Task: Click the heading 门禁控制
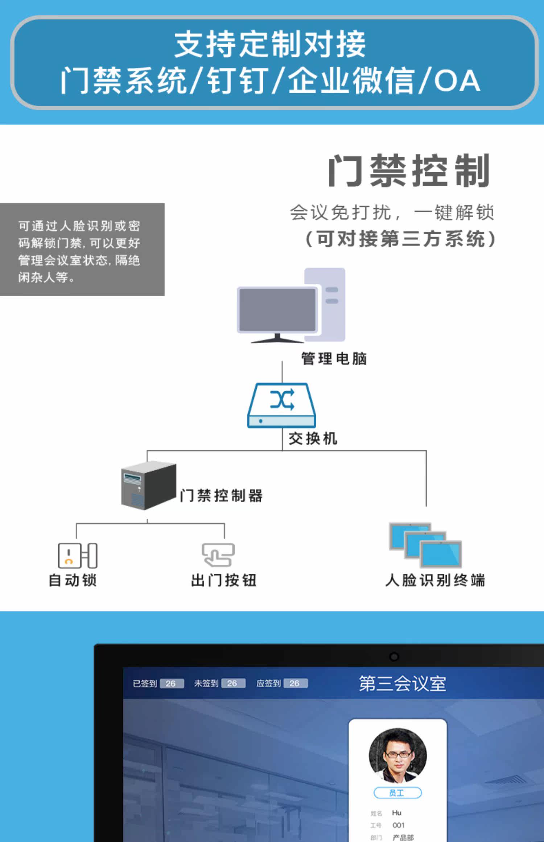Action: pyautogui.click(x=409, y=171)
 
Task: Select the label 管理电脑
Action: pyautogui.click(x=334, y=359)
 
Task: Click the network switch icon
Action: pyautogui.click(x=282, y=405)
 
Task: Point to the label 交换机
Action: pyautogui.click(x=313, y=438)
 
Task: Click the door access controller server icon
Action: pyautogui.click(x=149, y=485)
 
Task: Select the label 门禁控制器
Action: pyautogui.click(x=221, y=496)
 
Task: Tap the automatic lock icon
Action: pyautogui.click(x=78, y=555)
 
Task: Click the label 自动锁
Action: pyautogui.click(x=73, y=580)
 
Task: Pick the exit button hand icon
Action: pyautogui.click(x=218, y=555)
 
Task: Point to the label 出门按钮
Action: pyautogui.click(x=224, y=580)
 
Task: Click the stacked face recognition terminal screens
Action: pyautogui.click(x=425, y=545)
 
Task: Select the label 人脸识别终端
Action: pyautogui.click(x=435, y=580)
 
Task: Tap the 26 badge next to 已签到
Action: pyautogui.click(x=172, y=684)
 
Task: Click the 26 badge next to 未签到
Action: pyautogui.click(x=233, y=684)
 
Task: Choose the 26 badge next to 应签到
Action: pyautogui.click(x=296, y=684)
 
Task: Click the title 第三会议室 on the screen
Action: pyautogui.click(x=403, y=684)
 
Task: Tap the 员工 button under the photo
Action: pyautogui.click(x=397, y=793)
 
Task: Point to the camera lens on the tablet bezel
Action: pyautogui.click(x=394, y=657)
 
